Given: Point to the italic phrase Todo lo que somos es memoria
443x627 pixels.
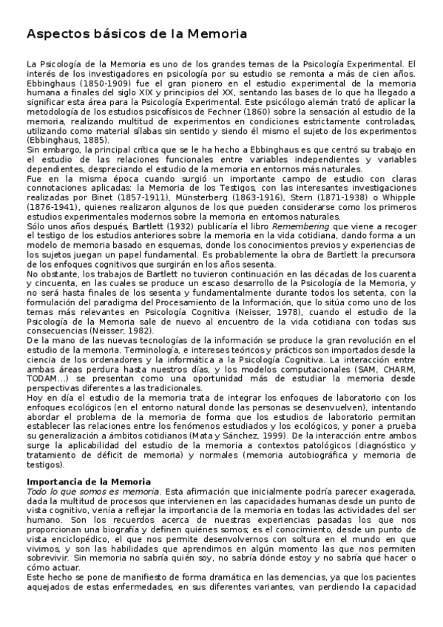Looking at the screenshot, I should pyautogui.click(x=93, y=490).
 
